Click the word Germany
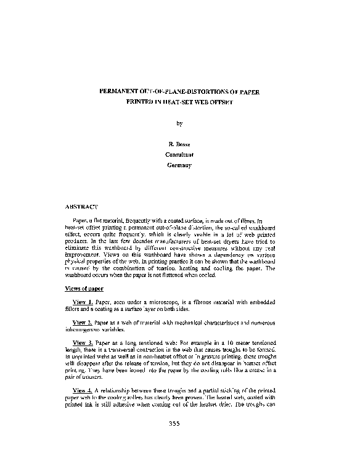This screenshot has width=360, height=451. pyautogui.click(x=180, y=165)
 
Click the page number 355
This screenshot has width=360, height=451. pyautogui.click(x=179, y=424)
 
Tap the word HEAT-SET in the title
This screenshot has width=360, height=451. pyautogui.click(x=174, y=103)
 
